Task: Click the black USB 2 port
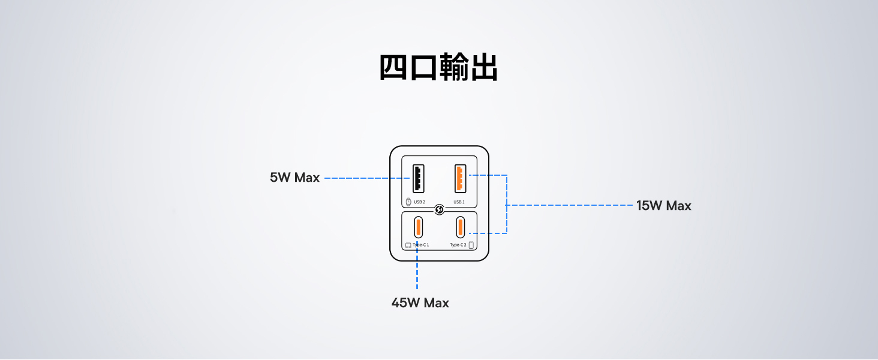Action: [x=418, y=178]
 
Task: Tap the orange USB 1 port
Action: [x=460, y=178]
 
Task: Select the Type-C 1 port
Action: [x=418, y=227]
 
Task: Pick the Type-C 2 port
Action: [x=460, y=227]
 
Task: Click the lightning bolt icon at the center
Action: [x=439, y=209]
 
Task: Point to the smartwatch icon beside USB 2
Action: [x=408, y=202]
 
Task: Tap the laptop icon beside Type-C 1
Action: [x=408, y=245]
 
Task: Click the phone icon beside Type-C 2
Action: [x=471, y=245]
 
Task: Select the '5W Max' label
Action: [x=294, y=178]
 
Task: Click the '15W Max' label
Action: [x=663, y=206]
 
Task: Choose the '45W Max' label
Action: [x=420, y=303]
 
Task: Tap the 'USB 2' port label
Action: [x=419, y=202]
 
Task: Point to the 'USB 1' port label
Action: [x=459, y=202]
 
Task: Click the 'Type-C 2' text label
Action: [x=458, y=245]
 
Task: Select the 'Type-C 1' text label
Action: [x=421, y=245]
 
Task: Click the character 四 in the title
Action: [x=394, y=67]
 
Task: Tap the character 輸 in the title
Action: [x=454, y=67]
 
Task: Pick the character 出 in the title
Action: [x=483, y=67]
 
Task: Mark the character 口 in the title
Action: [x=424, y=67]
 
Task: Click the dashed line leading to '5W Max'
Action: [x=366, y=178]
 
